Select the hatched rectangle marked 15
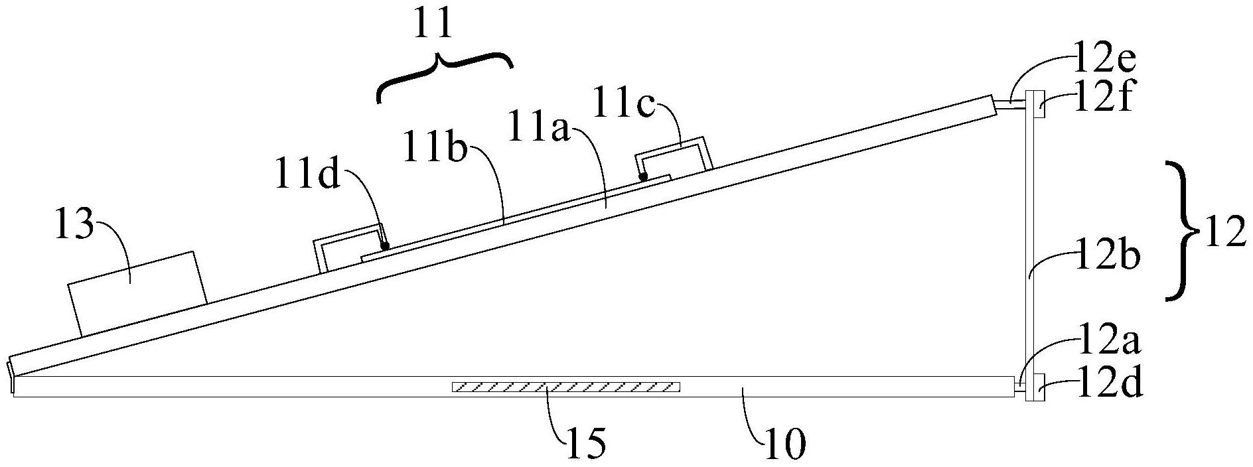[566, 387]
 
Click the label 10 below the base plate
[784, 440]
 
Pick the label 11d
[306, 178]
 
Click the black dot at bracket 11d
[385, 245]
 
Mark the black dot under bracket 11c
[642, 176]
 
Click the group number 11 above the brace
[434, 25]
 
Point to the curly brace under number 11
[443, 76]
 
